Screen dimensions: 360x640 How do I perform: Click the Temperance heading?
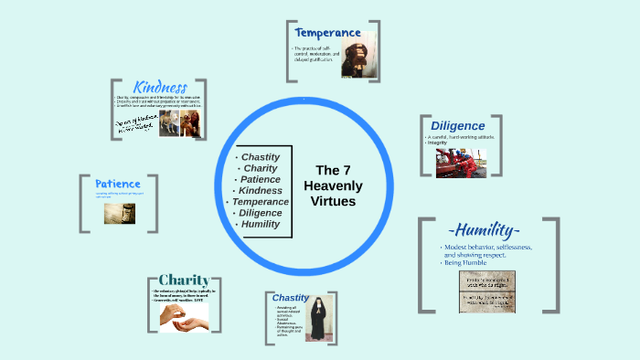pyautogui.click(x=327, y=33)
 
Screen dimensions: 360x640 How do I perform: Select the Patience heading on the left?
pyautogui.click(x=117, y=184)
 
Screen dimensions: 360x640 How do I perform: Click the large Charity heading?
pyautogui.click(x=184, y=280)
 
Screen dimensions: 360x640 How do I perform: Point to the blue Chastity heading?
pyautogui.click(x=290, y=297)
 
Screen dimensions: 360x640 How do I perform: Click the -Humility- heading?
pyautogui.click(x=485, y=228)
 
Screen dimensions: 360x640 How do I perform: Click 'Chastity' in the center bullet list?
pyautogui.click(x=260, y=156)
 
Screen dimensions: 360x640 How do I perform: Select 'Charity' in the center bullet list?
pyautogui.click(x=260, y=168)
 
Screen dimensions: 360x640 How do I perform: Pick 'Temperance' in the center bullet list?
pyautogui.click(x=260, y=202)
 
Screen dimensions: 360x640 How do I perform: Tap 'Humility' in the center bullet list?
pyautogui.click(x=260, y=225)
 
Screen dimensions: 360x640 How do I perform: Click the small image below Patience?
pyautogui.click(x=119, y=212)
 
